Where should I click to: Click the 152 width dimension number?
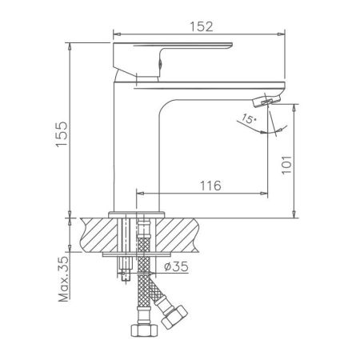pos(201,26)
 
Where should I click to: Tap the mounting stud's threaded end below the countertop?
pos(125,276)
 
